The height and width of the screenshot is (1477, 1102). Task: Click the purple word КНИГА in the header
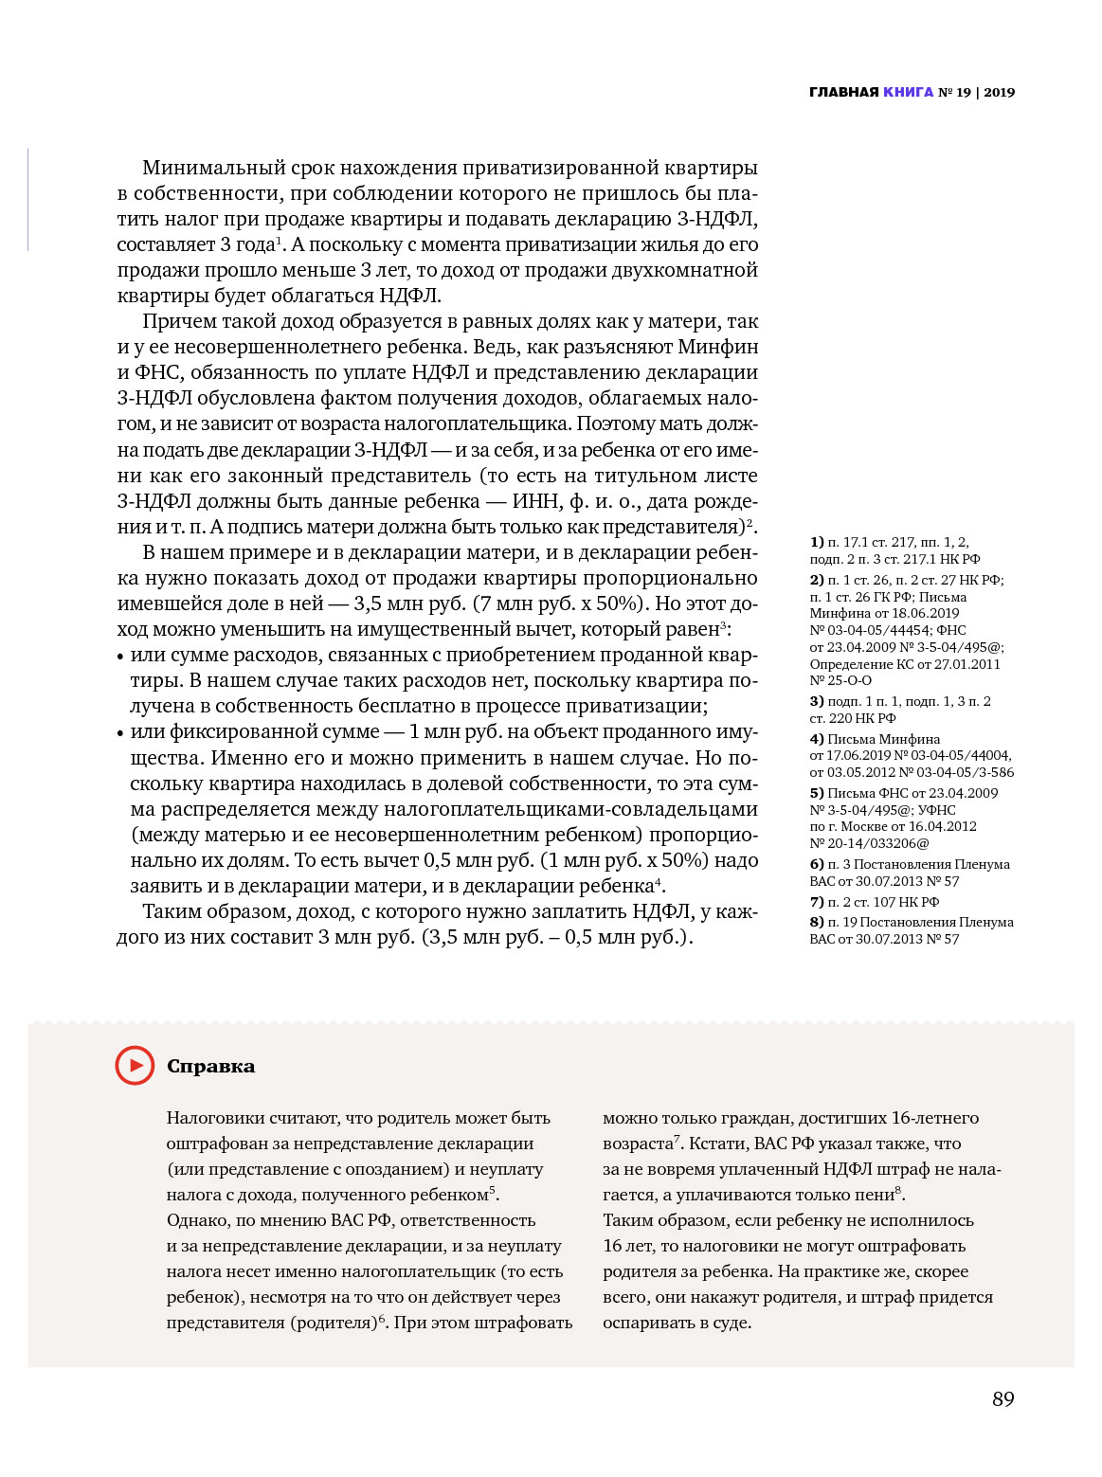click(908, 92)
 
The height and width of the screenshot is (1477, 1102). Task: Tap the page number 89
click(1003, 1399)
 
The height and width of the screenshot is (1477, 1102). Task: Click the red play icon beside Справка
click(135, 1065)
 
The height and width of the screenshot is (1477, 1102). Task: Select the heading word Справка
click(210, 1066)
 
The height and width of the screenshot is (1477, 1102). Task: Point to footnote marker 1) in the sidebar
click(817, 542)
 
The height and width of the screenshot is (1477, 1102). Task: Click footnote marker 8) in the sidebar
click(817, 922)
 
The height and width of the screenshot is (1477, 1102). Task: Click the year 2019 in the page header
click(999, 92)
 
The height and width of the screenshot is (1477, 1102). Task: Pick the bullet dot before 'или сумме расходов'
click(120, 657)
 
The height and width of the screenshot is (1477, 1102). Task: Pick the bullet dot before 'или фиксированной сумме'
click(120, 733)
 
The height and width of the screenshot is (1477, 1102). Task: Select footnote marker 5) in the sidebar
click(817, 793)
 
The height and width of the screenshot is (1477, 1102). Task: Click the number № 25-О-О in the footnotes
click(840, 680)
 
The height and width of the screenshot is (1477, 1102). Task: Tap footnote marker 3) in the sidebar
click(817, 701)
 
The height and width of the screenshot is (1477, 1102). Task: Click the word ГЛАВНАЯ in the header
click(843, 92)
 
